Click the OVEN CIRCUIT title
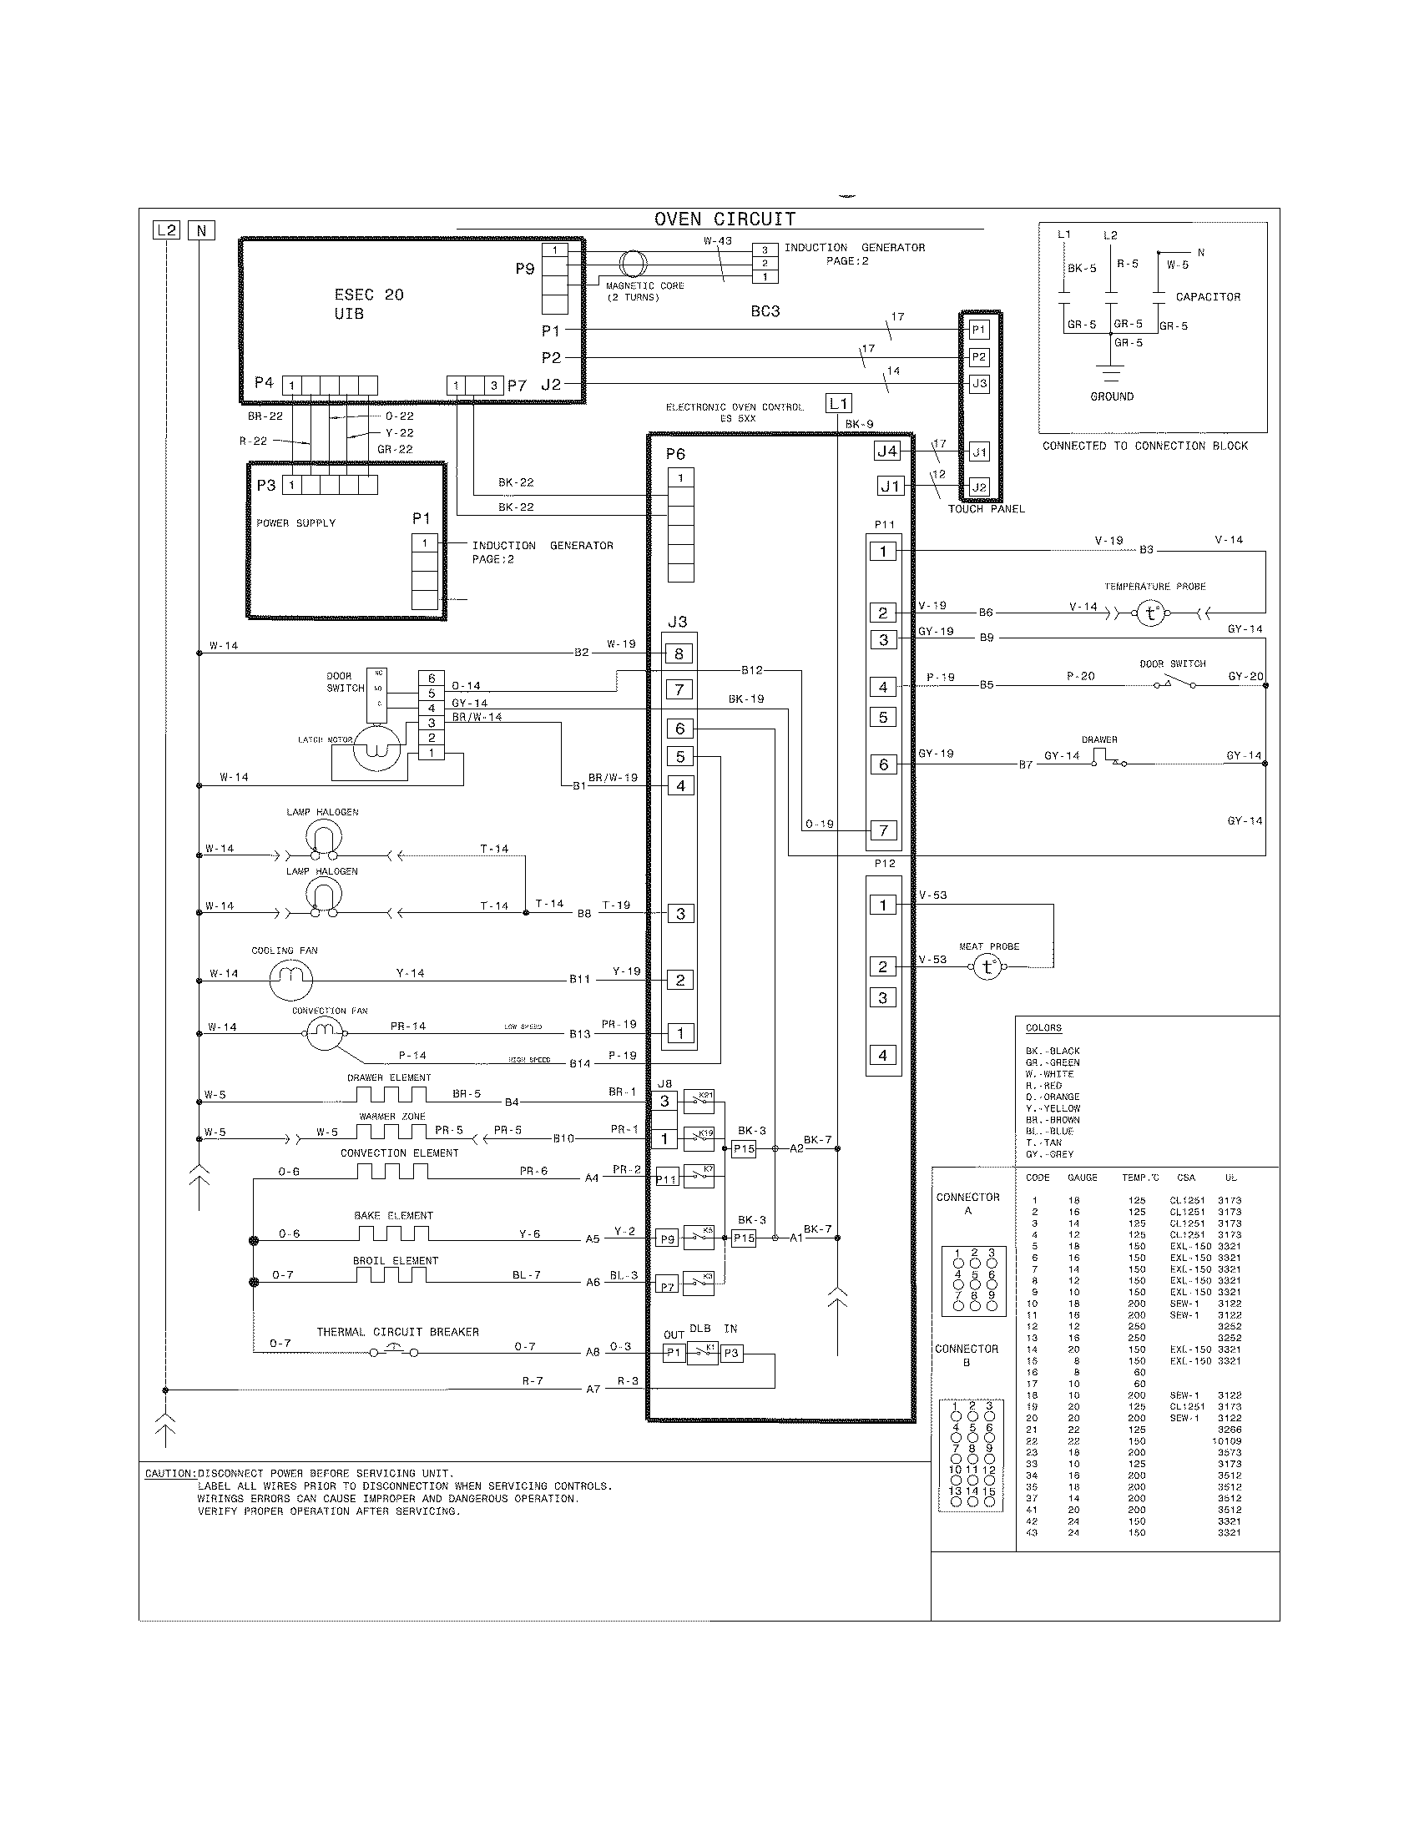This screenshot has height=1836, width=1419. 724,219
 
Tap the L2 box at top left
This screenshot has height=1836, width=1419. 166,230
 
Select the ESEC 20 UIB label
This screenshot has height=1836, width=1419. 368,304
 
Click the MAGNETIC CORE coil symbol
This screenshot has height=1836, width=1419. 633,264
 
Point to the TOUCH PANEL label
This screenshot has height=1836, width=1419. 986,508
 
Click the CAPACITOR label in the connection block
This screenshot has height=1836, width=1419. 1207,297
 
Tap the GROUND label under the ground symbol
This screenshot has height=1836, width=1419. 1111,396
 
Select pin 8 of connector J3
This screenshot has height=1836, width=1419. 679,653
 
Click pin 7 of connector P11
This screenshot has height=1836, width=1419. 882,830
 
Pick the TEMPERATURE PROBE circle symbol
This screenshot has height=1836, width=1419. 1150,613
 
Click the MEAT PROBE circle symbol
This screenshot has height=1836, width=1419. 987,967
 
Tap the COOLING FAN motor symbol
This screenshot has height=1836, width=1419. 290,980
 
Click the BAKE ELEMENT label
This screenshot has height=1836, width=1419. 393,1216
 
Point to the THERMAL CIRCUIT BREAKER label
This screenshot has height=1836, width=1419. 397,1333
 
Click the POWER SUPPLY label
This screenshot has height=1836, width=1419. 296,523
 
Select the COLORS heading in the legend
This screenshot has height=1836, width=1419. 1043,1028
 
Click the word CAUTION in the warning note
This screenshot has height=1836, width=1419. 169,1474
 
